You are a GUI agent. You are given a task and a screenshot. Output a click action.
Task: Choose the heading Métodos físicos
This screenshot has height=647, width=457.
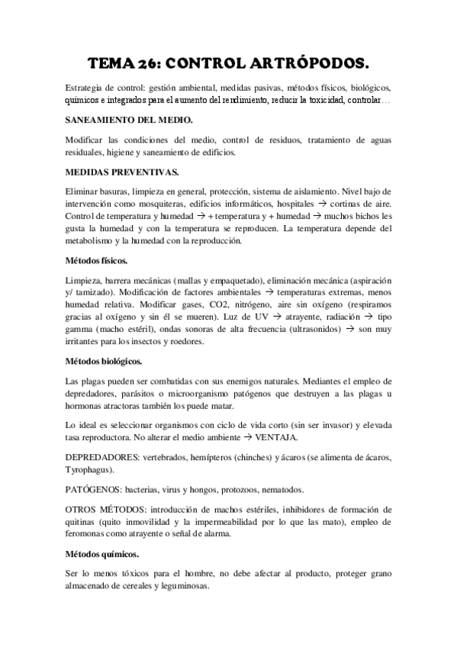coord(97,261)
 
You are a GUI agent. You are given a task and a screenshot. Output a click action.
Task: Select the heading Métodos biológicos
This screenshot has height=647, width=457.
coord(104,359)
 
